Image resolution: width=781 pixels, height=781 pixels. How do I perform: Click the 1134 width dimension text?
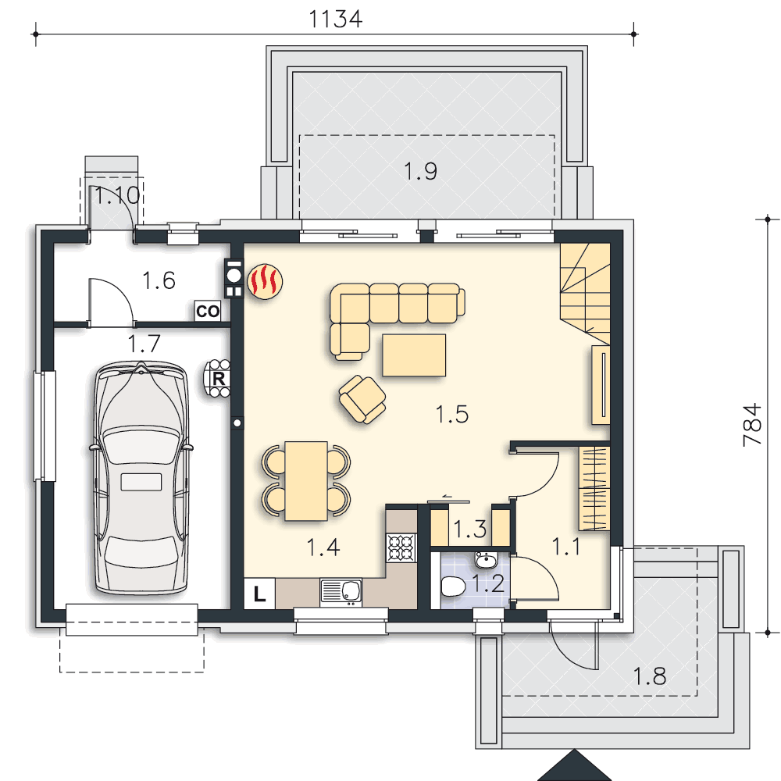(x=335, y=19)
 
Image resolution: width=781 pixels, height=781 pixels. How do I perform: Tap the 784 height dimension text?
(x=752, y=424)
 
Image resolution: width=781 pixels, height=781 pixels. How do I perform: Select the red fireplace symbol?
(x=265, y=281)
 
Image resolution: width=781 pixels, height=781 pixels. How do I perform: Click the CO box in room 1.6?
(x=208, y=311)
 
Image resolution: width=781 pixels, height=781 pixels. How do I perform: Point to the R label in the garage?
(x=218, y=379)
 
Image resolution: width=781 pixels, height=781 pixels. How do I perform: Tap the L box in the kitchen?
(x=259, y=594)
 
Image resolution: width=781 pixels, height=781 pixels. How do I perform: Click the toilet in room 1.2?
(x=453, y=587)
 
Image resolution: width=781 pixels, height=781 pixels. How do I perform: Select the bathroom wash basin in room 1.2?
(x=485, y=560)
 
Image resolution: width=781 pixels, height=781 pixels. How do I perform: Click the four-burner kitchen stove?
(x=401, y=548)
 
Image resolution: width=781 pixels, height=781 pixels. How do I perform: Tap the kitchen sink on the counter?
(x=341, y=592)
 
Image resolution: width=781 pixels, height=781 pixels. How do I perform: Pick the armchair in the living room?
(x=362, y=399)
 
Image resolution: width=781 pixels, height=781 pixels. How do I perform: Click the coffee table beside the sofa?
(x=414, y=355)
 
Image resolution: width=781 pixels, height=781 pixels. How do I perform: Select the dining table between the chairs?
(x=306, y=480)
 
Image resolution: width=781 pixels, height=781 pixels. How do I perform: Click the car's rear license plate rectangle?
(x=141, y=482)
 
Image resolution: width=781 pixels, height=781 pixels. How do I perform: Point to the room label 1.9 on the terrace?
(x=421, y=171)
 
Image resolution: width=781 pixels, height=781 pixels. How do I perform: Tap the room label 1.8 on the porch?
(x=650, y=676)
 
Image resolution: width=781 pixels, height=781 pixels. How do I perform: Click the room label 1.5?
(x=452, y=415)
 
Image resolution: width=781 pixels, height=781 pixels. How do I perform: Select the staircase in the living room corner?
(x=585, y=294)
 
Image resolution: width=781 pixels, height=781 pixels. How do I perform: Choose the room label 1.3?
(x=469, y=529)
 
